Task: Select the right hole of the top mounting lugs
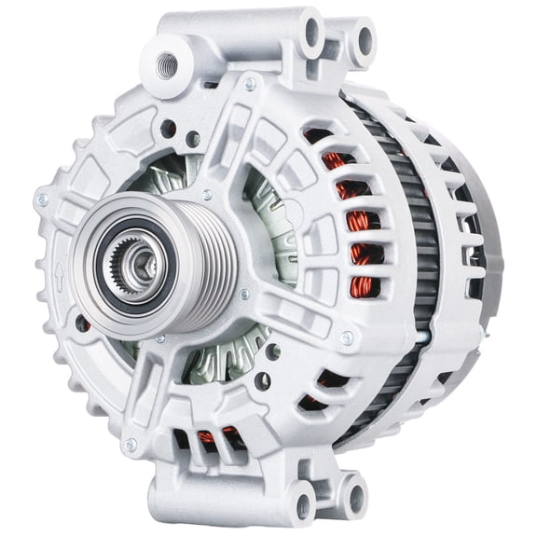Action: point(359,41)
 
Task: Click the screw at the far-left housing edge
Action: point(41,200)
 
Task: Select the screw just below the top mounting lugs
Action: point(249,83)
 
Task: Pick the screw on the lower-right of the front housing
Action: point(347,338)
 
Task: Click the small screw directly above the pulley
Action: point(207,194)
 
